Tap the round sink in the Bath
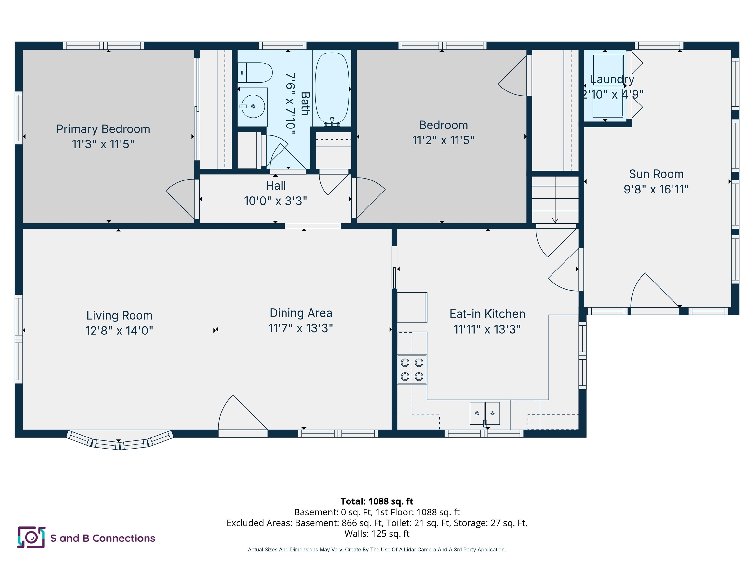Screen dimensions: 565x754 pyautogui.click(x=253, y=106)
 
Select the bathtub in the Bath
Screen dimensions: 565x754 pyautogui.click(x=332, y=88)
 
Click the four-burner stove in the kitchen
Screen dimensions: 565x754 pyautogui.click(x=412, y=370)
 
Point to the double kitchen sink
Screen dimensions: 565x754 pyautogui.click(x=485, y=413)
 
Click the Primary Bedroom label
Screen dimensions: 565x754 pyautogui.click(x=103, y=129)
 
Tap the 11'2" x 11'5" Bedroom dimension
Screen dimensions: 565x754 pyautogui.click(x=443, y=140)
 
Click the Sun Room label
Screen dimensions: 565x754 pyautogui.click(x=656, y=174)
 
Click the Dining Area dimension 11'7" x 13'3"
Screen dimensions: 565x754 pyautogui.click(x=300, y=328)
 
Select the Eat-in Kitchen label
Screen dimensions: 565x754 pyautogui.click(x=487, y=314)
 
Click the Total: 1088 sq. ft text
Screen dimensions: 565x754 pyautogui.click(x=377, y=501)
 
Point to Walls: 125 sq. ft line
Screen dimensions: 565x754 pyautogui.click(x=377, y=533)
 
